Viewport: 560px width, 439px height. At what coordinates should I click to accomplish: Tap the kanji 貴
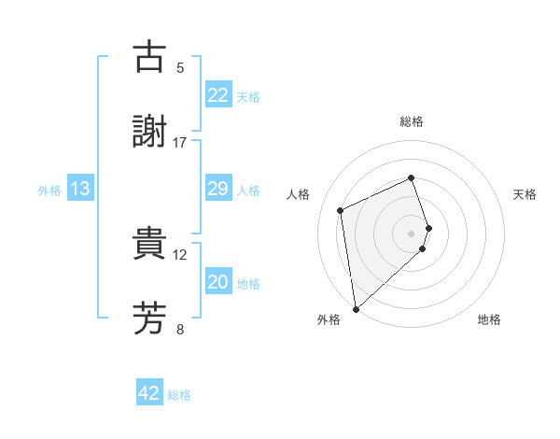(x=149, y=244)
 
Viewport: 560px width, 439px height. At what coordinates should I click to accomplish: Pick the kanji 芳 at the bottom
(x=149, y=319)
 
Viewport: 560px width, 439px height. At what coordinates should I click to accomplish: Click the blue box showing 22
(x=218, y=95)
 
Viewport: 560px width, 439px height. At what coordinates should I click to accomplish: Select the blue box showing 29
(x=218, y=189)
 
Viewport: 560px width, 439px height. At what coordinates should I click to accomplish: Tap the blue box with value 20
(x=218, y=282)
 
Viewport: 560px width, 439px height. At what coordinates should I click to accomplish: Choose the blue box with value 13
(x=80, y=189)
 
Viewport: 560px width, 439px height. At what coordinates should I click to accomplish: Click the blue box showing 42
(x=149, y=393)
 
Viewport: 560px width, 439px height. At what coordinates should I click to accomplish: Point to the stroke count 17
(x=180, y=142)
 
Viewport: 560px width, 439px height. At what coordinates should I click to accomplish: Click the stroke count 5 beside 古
(x=180, y=67)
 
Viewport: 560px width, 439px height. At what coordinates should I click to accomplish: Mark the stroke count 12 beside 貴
(x=180, y=254)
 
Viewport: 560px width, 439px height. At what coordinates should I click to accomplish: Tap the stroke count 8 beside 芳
(x=180, y=329)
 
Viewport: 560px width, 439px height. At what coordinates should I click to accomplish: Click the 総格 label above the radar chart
(x=412, y=121)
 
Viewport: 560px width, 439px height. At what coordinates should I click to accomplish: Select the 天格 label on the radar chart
(x=525, y=194)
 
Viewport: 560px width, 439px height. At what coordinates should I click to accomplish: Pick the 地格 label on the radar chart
(x=489, y=319)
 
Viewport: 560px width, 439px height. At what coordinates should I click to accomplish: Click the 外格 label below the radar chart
(x=329, y=319)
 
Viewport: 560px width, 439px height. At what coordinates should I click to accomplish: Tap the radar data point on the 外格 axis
(x=356, y=308)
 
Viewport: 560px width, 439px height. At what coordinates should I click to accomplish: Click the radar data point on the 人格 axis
(x=341, y=209)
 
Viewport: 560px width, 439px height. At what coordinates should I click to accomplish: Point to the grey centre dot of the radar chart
(x=412, y=233)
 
